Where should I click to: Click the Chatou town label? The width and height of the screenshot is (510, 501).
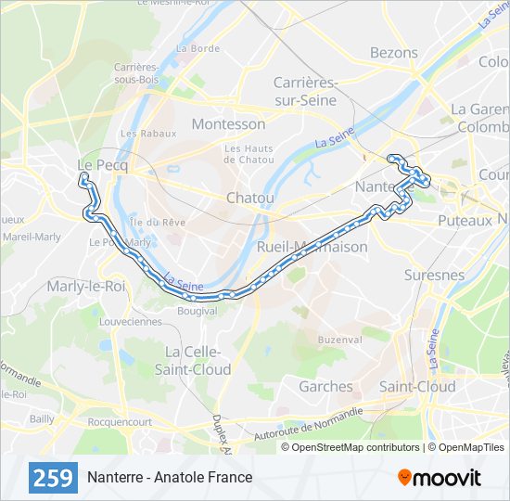point(250,199)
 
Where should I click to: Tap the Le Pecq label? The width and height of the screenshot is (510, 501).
point(102,163)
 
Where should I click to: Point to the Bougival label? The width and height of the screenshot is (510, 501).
point(197,311)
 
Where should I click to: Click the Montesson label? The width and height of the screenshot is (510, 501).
point(228,124)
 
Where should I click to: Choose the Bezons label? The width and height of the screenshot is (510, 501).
point(393,53)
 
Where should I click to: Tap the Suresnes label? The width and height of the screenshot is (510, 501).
point(434,276)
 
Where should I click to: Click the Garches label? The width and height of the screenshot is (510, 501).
point(325,386)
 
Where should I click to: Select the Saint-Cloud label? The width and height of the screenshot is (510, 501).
point(417,386)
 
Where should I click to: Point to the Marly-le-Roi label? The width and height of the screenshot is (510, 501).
point(86,286)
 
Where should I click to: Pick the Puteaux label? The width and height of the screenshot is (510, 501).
point(464,221)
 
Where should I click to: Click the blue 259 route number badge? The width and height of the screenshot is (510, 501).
point(54,478)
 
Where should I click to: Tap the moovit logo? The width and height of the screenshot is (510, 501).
point(440,478)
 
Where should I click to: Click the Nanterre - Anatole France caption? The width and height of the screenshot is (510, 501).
point(170,478)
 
